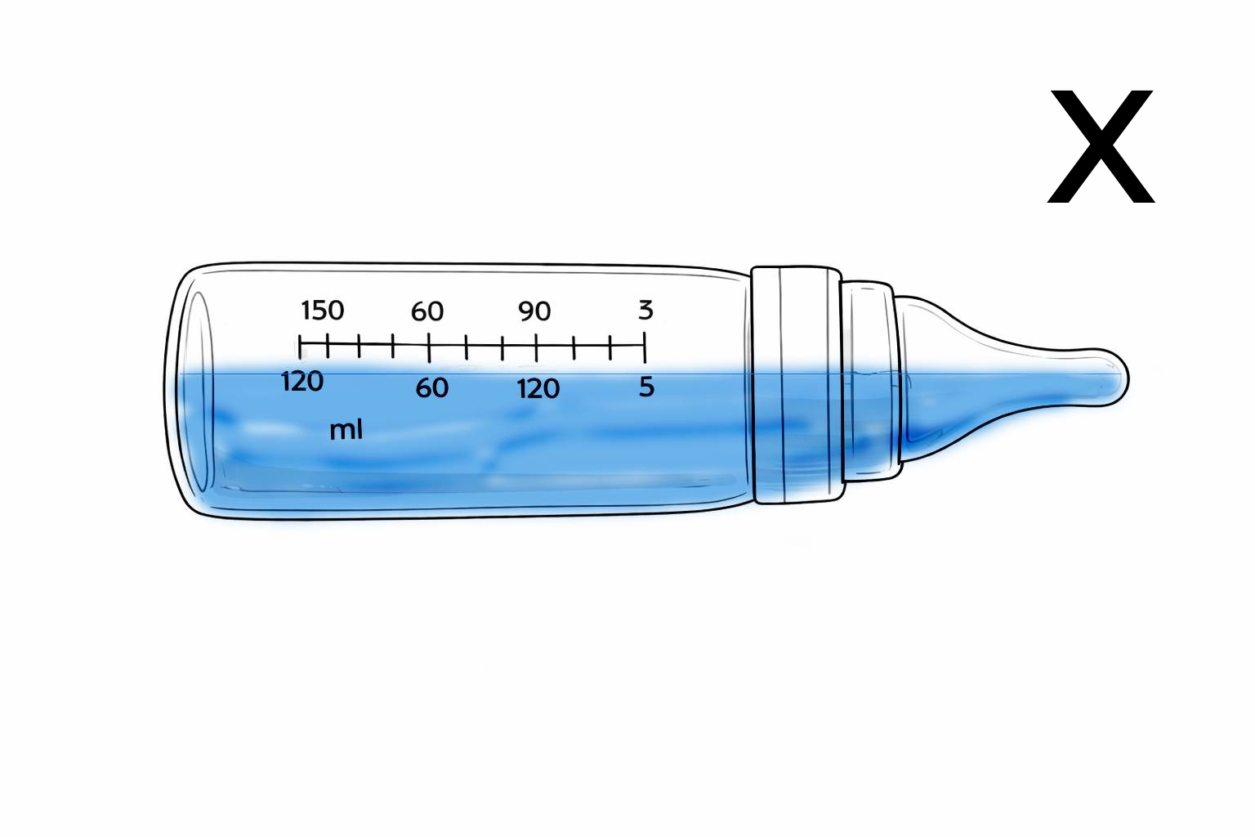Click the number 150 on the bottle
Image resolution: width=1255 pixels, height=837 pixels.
[323, 311]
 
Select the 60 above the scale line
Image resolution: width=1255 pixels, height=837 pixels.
[427, 311]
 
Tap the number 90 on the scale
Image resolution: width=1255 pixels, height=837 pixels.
[534, 311]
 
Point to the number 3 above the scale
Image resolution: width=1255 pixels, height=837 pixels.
[646, 310]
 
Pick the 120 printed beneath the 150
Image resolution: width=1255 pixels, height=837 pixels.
[302, 382]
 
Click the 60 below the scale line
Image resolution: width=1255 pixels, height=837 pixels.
[432, 388]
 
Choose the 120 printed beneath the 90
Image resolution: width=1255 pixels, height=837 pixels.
[538, 388]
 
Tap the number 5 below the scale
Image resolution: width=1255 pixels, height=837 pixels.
[646, 387]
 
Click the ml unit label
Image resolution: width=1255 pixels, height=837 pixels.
[346, 430]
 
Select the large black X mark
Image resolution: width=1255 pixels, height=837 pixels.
[1101, 146]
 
